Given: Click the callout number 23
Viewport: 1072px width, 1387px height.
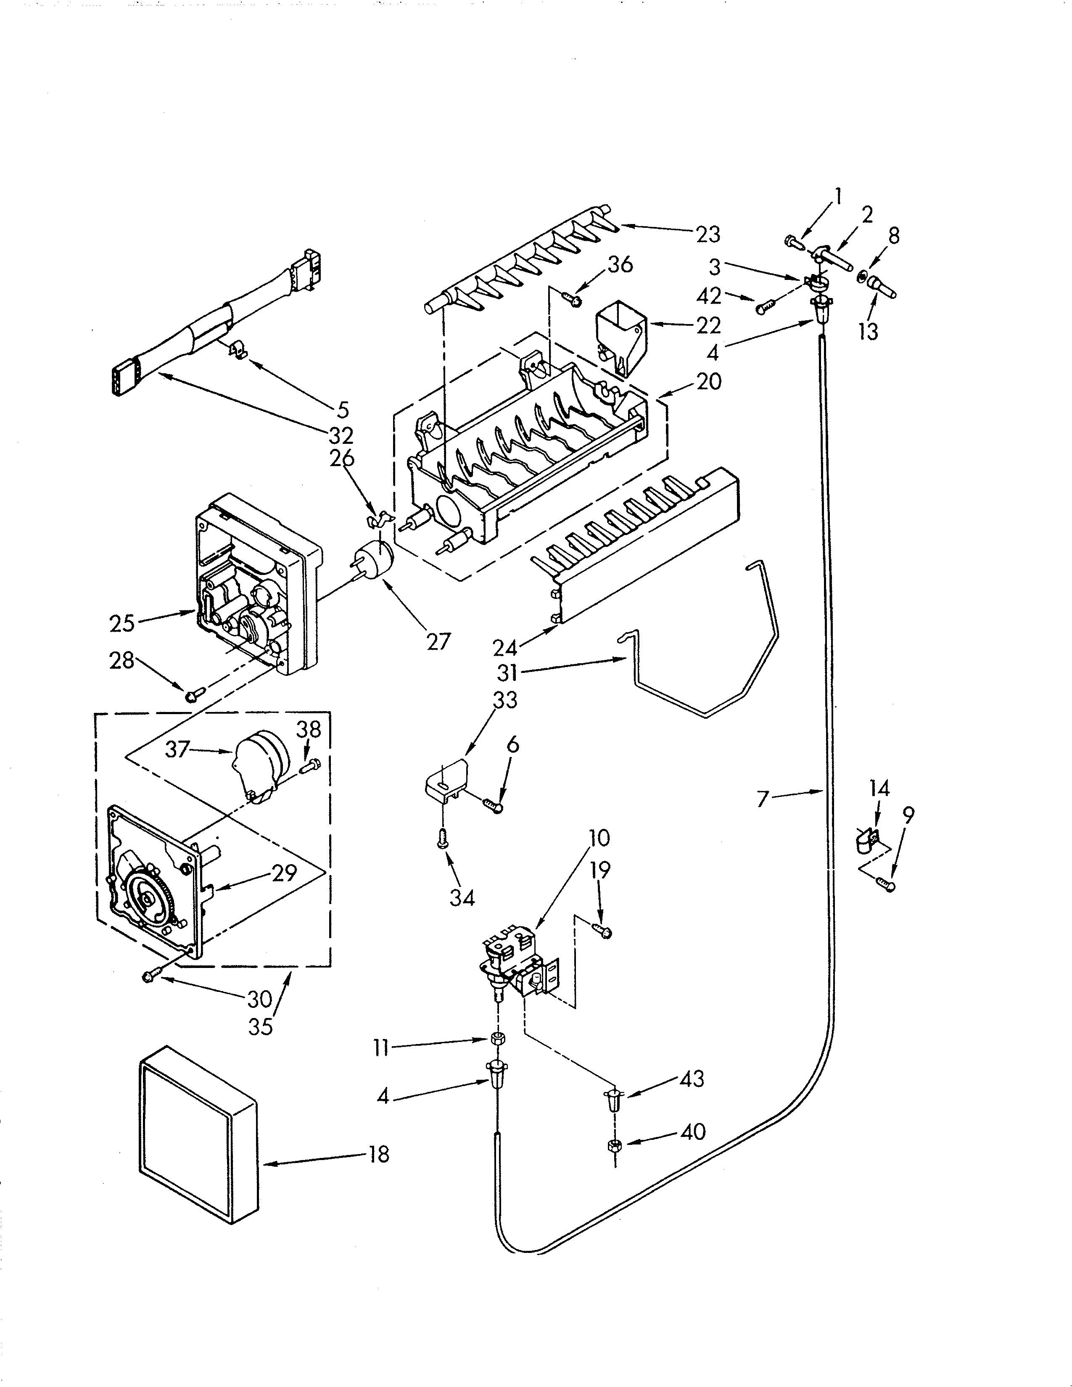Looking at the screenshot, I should coord(708,235).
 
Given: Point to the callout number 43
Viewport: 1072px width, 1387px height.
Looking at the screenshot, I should coord(692,1079).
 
